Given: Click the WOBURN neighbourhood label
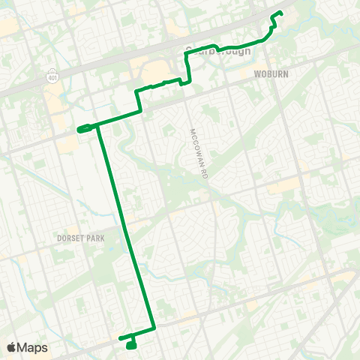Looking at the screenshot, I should [266, 75].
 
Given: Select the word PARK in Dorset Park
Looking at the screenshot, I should [94, 238].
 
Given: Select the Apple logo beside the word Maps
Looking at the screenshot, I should [12, 347].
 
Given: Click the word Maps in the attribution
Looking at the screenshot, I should [33, 347].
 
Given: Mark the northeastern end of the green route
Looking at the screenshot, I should [280, 13].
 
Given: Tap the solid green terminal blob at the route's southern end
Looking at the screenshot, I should [131, 345].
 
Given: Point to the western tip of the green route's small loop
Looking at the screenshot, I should [78, 129].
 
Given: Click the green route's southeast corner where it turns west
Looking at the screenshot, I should [154, 328].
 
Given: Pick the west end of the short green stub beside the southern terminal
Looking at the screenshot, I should [120, 338].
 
